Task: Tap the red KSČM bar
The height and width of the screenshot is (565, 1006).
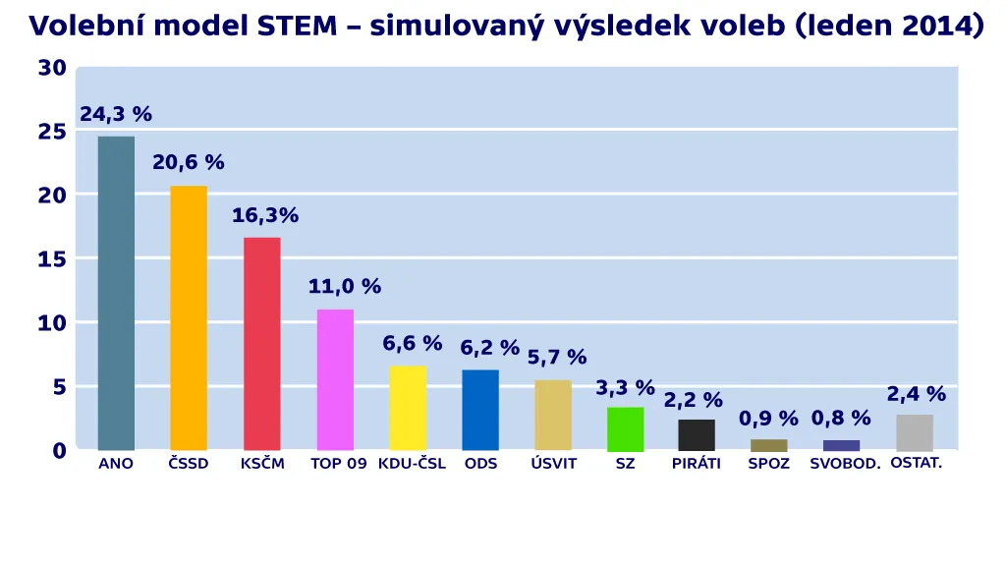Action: point(261,343)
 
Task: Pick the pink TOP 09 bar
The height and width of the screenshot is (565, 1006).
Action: point(335,379)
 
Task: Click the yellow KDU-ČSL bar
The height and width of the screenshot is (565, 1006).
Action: point(408,408)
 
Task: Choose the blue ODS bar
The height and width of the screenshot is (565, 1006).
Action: point(480,410)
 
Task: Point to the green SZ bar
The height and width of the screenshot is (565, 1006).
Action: point(626,428)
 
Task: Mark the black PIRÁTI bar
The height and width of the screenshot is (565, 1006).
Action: point(697,434)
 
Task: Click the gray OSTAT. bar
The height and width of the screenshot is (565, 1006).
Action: point(915,432)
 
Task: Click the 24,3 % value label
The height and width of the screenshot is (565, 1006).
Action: point(116,115)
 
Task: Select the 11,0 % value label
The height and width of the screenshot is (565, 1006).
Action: point(344,287)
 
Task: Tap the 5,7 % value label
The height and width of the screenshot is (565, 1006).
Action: point(557,358)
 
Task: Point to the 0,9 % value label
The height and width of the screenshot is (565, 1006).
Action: point(768,420)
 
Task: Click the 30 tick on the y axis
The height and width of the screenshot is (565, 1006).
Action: point(52,68)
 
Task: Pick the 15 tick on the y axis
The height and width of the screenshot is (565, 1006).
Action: point(52,259)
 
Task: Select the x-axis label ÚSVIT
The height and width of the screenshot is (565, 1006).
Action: point(554,464)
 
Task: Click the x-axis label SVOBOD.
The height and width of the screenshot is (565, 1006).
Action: point(845,464)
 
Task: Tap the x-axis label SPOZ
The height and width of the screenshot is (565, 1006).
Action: point(768,464)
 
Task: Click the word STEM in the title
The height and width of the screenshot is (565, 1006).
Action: point(297,25)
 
